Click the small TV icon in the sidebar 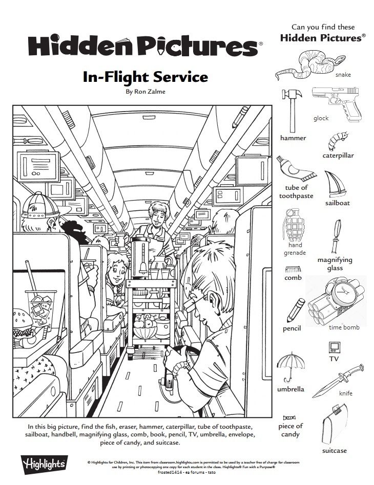click(334, 347)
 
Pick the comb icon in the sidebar click(293, 269)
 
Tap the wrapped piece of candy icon click(289, 417)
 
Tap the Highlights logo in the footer click(43, 464)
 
